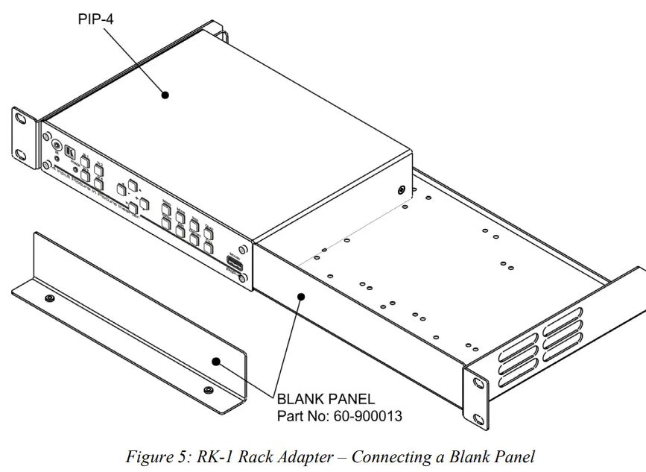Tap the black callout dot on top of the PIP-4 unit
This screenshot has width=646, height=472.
point(165,95)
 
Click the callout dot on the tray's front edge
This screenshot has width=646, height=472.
point(301,296)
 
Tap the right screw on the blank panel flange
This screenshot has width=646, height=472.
point(208,390)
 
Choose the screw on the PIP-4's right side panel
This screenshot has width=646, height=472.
point(402,191)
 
